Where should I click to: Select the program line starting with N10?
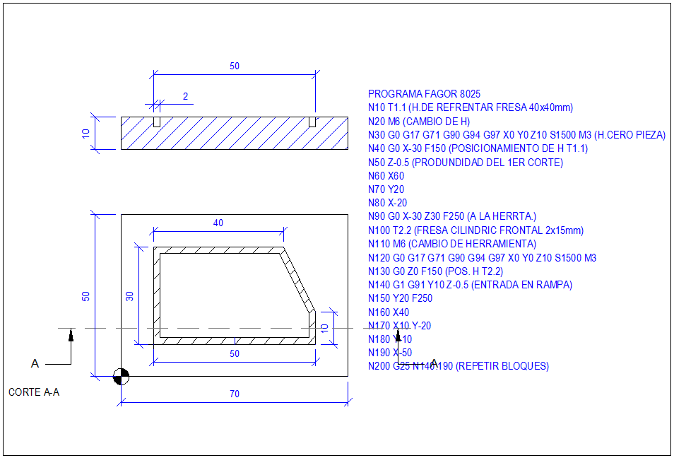pos(471,107)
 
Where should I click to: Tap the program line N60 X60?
pos(386,176)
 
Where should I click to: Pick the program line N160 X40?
pos(389,312)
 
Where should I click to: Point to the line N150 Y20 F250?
pos(400,298)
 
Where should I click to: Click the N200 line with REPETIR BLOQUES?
pos(459,366)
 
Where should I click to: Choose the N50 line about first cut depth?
pos(466,163)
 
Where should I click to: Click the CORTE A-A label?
pos(34,392)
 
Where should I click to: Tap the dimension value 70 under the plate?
pos(234,394)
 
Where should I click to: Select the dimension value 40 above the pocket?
pos(218,223)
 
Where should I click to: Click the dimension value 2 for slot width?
pos(185,96)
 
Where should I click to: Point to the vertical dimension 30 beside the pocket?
pos(130,295)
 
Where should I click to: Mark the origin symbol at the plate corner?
pos(121,376)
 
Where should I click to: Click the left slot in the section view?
pos(157,122)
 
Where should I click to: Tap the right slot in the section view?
pos(312,122)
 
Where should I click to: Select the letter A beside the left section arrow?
pos(35,363)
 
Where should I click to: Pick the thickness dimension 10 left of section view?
pos(86,134)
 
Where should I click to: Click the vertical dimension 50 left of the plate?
pos(86,296)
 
